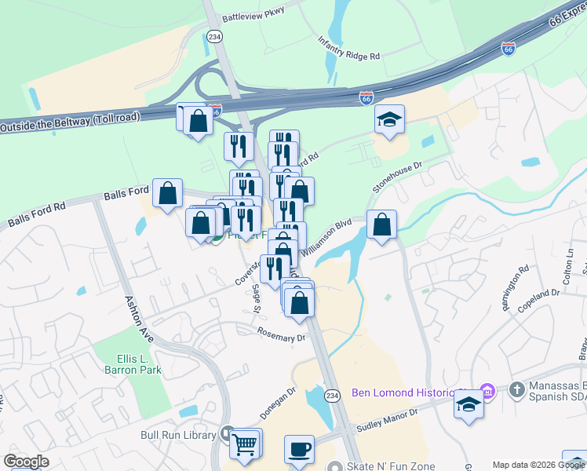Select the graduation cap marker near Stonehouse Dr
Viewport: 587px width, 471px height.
[389, 120]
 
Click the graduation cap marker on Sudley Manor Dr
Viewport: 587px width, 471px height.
[469, 405]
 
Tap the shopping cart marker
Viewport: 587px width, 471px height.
[245, 444]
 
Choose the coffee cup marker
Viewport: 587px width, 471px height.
[299, 450]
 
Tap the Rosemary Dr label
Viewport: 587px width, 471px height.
[281, 334]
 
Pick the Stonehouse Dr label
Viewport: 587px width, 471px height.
[397, 177]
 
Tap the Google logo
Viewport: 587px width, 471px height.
[26, 462]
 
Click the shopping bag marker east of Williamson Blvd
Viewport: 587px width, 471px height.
[381, 225]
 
